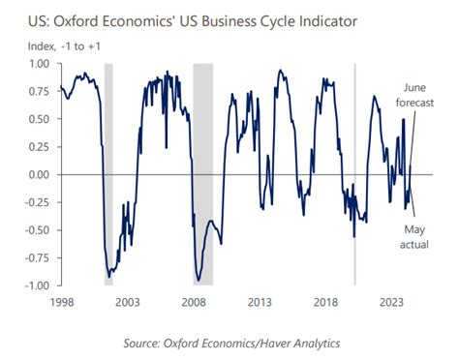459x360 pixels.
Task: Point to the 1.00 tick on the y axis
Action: pyautogui.click(x=39, y=65)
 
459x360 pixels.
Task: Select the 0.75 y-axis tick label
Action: pyautogui.click(x=39, y=92)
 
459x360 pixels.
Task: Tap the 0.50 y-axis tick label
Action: pyautogui.click(x=39, y=120)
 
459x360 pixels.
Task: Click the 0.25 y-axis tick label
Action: pyautogui.click(x=39, y=147)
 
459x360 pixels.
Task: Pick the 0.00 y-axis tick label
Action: pyautogui.click(x=39, y=175)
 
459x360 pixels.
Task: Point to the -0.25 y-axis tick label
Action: pyautogui.click(x=37, y=202)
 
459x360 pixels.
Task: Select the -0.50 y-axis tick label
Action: pyautogui.click(x=37, y=230)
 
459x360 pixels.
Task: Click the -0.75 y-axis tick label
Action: pyautogui.click(x=37, y=257)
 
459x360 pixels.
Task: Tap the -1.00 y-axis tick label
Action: pyautogui.click(x=37, y=285)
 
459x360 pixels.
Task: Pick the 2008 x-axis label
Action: pyautogui.click(x=193, y=302)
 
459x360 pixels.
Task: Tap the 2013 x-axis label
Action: pyautogui.click(x=259, y=302)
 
